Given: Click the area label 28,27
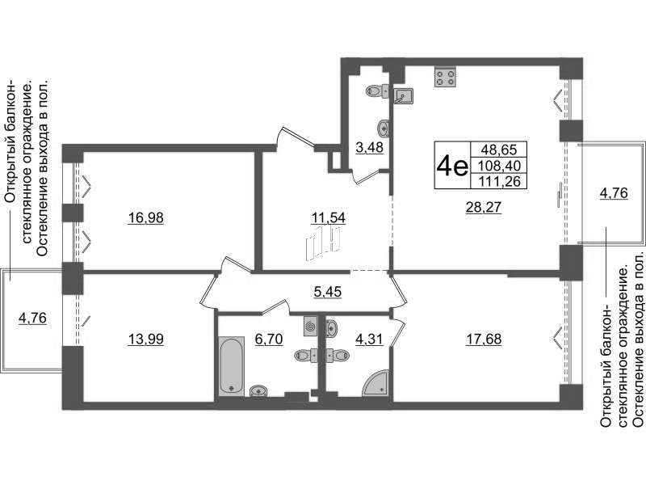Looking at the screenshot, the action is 484,207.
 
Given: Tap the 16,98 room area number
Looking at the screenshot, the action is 146,217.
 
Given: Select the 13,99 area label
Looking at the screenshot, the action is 146,339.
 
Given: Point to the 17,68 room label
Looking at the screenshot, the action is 484,339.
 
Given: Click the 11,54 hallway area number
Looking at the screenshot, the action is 328,217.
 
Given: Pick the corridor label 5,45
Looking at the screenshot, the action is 328,292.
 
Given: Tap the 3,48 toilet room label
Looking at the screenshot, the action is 370,147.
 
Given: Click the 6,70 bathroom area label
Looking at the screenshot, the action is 269,339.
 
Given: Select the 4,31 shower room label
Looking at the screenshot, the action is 369,339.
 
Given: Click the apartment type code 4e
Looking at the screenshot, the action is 452,166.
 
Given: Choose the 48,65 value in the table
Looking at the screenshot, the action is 498,149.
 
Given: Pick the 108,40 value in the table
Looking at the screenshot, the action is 499,166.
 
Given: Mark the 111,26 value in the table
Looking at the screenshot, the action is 499,181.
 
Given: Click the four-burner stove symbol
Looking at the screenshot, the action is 446,77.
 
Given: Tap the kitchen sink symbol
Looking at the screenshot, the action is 403,96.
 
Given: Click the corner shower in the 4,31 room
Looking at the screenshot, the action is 375,382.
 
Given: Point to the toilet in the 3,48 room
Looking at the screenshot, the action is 377,91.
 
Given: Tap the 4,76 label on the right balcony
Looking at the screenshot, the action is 614,193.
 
